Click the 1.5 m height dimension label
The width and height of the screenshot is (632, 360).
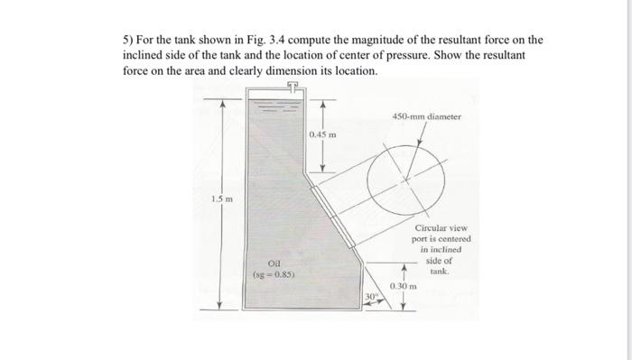pos(220,198)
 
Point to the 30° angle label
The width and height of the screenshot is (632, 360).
pos(371,295)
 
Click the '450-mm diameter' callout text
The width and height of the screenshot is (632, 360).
pos(427,116)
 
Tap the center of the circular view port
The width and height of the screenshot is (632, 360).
pos(407,179)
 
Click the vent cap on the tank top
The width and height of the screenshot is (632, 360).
pos(291,87)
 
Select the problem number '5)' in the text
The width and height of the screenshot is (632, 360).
pos(130,40)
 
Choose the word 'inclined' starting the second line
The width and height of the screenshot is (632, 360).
pos(144,55)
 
